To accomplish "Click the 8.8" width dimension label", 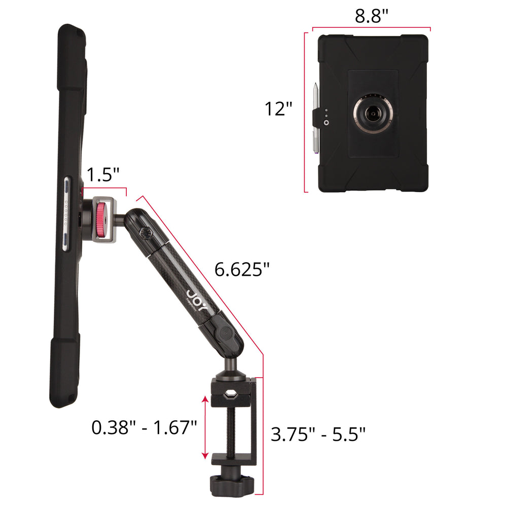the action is [x=371, y=16].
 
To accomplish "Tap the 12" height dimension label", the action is [x=278, y=108].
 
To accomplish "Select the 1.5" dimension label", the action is [x=103, y=174].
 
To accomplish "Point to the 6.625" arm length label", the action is [x=242, y=269].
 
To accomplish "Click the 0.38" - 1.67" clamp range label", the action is [x=144, y=427].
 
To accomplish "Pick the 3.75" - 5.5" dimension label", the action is [x=318, y=434].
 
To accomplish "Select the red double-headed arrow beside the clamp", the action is [x=205, y=427].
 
